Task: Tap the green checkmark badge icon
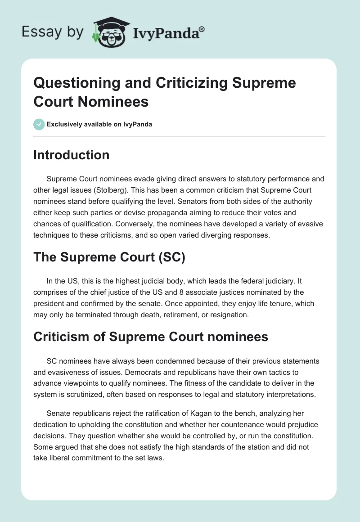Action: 39,124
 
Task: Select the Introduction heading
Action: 72,155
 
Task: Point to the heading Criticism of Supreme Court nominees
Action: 151,337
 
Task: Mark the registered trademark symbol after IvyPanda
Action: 202,29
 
